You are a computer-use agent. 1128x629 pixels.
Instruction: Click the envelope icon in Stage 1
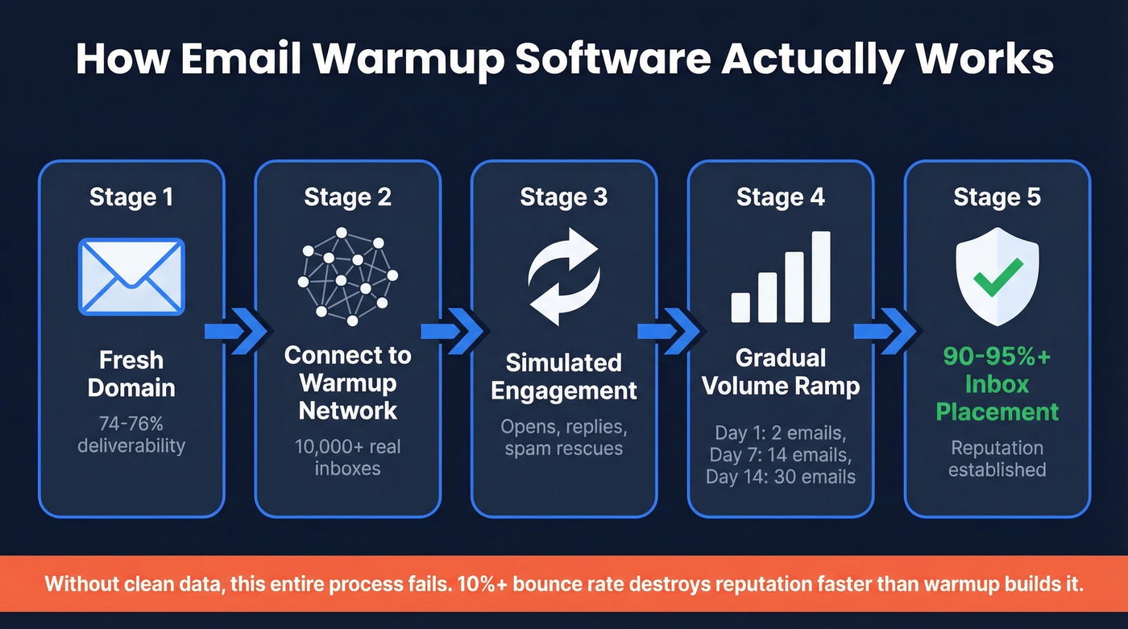[x=131, y=276]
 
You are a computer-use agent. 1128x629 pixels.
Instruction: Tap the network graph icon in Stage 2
[x=347, y=276]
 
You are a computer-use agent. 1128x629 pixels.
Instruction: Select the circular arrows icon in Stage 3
[x=563, y=276]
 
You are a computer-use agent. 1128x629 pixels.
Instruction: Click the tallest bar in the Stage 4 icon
[x=820, y=276]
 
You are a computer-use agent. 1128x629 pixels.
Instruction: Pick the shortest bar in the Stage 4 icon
[x=740, y=307]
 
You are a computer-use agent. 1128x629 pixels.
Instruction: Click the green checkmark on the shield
[x=997, y=275]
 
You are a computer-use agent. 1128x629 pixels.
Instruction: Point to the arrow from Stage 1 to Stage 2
[x=234, y=331]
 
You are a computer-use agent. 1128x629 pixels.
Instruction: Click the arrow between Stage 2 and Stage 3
[x=451, y=331]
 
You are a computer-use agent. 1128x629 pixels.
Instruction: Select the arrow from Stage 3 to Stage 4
[x=668, y=331]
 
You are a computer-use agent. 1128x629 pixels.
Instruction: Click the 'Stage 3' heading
[x=563, y=197]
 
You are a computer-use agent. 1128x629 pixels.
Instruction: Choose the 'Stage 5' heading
[x=997, y=197]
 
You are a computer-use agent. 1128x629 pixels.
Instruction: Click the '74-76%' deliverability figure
[x=131, y=423]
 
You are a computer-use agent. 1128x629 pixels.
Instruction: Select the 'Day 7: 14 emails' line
[x=780, y=455]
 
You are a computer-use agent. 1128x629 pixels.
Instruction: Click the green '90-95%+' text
[x=997, y=356]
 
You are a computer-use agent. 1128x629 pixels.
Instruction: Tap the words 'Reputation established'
[x=997, y=458]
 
